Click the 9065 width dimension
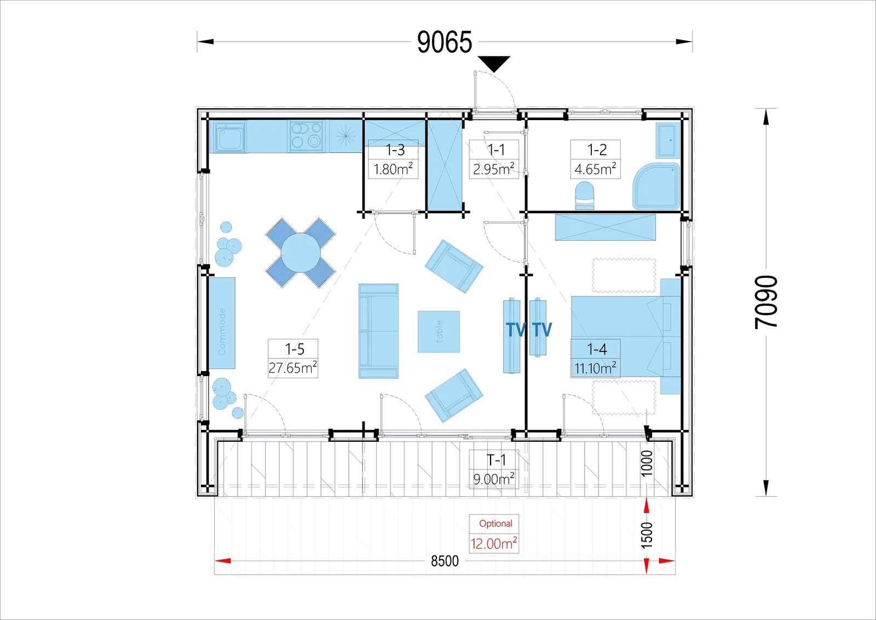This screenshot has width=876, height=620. pyautogui.click(x=445, y=42)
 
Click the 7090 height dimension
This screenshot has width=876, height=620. pyautogui.click(x=766, y=302)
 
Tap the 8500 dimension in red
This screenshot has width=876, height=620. pyautogui.click(x=445, y=561)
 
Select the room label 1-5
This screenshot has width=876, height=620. pyautogui.click(x=295, y=349)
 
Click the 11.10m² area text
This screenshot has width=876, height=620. pyautogui.click(x=595, y=368)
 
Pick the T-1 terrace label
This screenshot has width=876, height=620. pyautogui.click(x=496, y=459)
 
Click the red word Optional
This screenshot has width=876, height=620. pyautogui.click(x=495, y=524)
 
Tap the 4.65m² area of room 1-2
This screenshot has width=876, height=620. pyautogui.click(x=595, y=169)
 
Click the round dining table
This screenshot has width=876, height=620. pyautogui.click(x=301, y=253)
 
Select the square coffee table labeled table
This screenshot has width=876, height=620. pyautogui.click(x=439, y=331)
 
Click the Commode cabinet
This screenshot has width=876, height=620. pyautogui.click(x=222, y=323)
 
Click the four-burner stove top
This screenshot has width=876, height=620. pyautogui.click(x=306, y=136)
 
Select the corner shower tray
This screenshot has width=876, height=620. pyautogui.click(x=656, y=186)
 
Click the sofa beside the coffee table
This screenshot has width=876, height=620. pyautogui.click(x=378, y=331)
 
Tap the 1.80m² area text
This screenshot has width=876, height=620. pyautogui.click(x=393, y=169)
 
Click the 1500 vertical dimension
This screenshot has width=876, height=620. pyautogui.click(x=647, y=535)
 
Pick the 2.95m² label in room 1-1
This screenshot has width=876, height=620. pyautogui.click(x=494, y=169)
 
